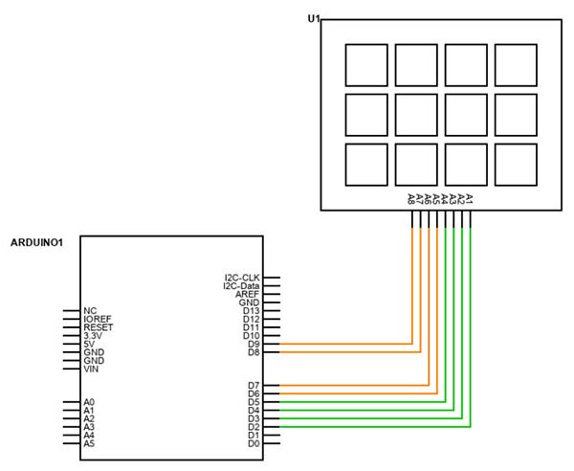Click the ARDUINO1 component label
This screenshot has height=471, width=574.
[36, 243]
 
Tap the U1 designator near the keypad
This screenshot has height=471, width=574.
[313, 19]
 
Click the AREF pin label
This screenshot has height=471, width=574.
[248, 294]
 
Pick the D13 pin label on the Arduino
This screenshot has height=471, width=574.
[251, 311]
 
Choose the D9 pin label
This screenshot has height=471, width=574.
[254, 344]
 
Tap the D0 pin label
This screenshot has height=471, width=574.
[254, 443]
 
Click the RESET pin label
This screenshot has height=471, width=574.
[98, 327]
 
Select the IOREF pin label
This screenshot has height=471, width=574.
[98, 319]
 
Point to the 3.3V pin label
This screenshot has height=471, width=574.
[95, 336]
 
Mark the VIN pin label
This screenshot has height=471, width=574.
[92, 369]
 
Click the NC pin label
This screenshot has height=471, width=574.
[90, 311]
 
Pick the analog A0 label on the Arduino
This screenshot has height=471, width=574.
[89, 403]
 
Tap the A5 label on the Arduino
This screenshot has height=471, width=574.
[89, 444]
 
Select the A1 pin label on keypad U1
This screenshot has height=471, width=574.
[470, 199]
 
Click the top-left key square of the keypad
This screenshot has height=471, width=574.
[365, 64]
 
